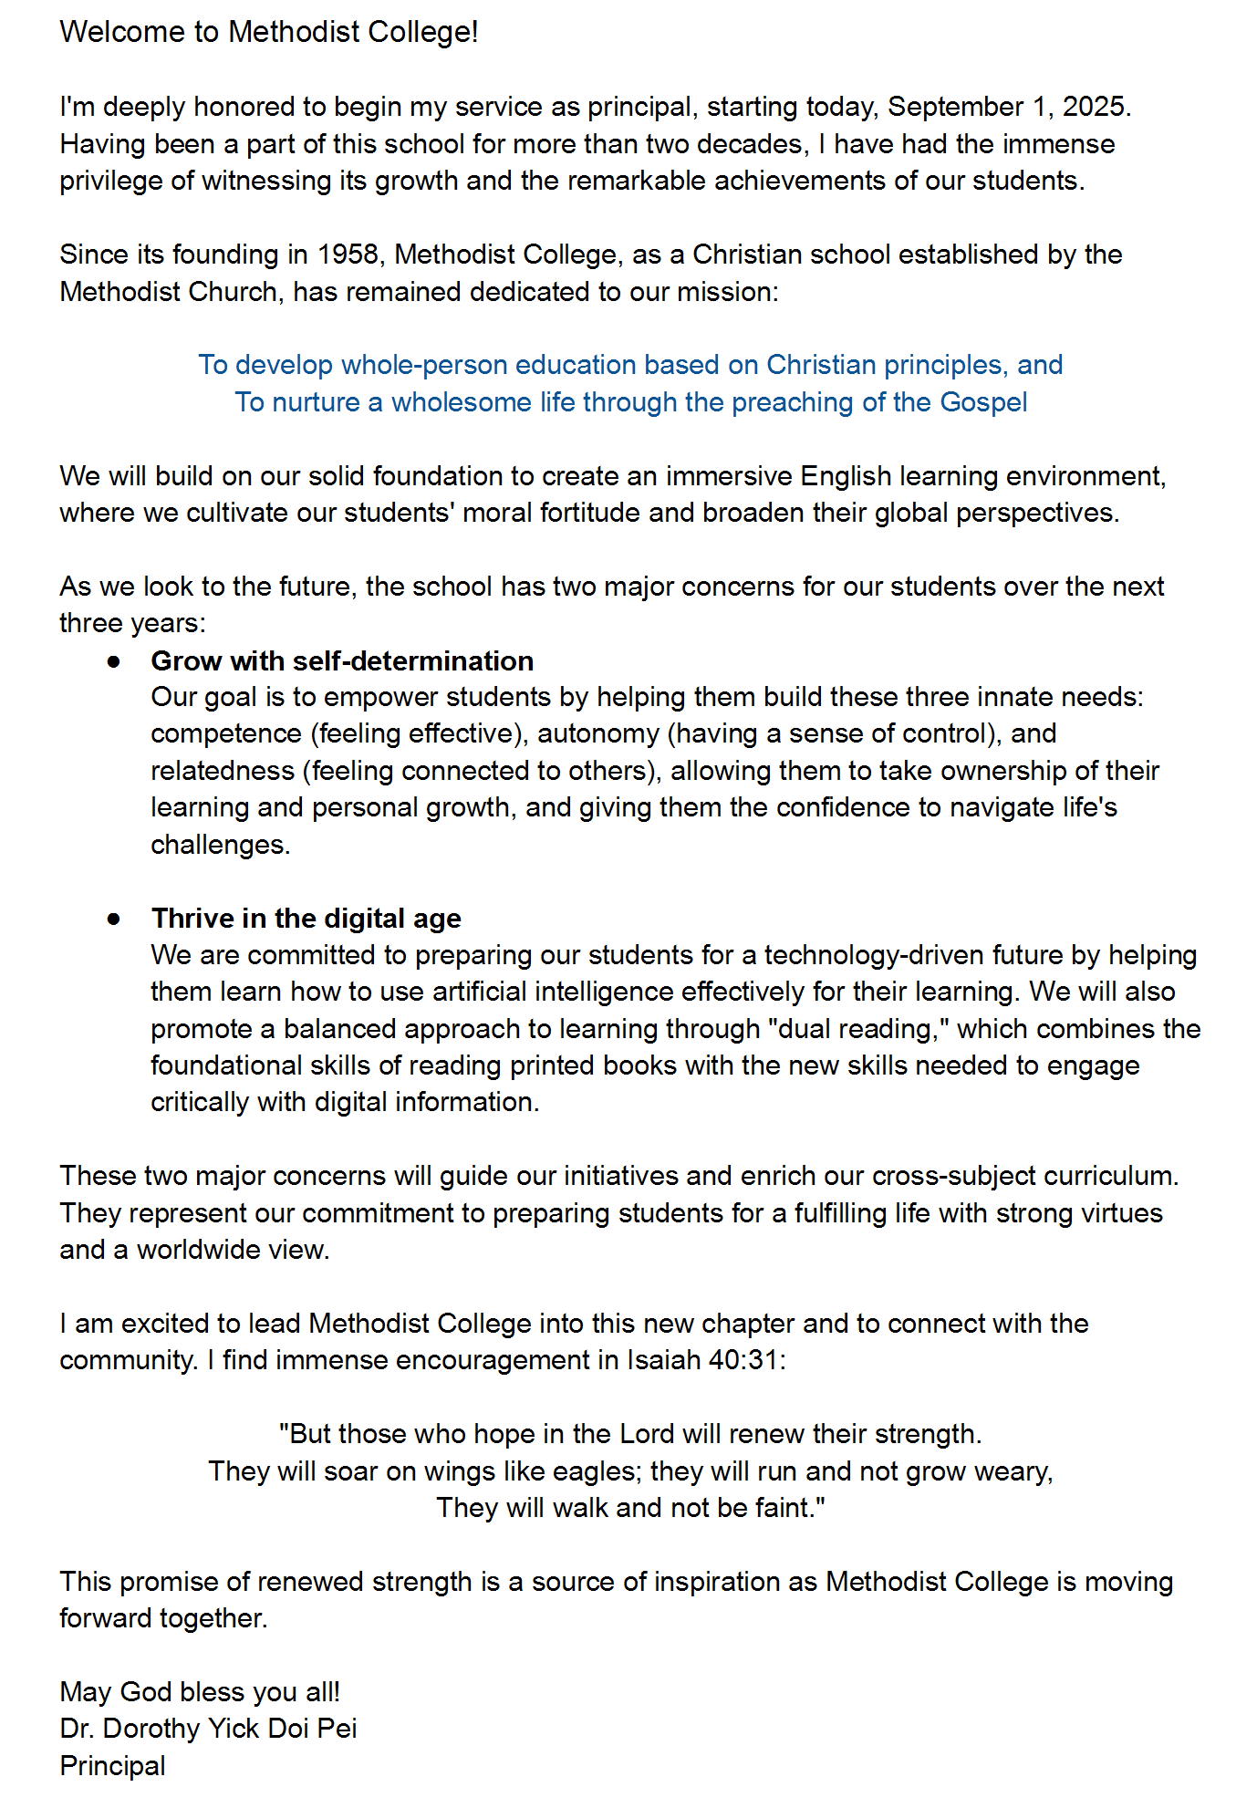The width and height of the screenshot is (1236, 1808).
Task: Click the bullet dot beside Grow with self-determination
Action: [113, 661]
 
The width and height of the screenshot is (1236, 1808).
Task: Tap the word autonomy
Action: [597, 733]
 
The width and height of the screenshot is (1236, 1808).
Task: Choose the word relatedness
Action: [223, 771]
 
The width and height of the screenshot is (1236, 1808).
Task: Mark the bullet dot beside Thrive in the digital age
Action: [113, 919]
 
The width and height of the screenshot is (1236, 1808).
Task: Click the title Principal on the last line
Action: [113, 1766]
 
